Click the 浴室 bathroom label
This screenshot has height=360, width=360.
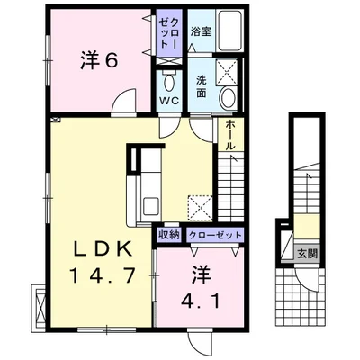[200, 31]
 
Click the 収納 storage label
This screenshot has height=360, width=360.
[168, 234]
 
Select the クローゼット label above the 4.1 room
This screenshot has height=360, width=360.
[216, 234]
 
